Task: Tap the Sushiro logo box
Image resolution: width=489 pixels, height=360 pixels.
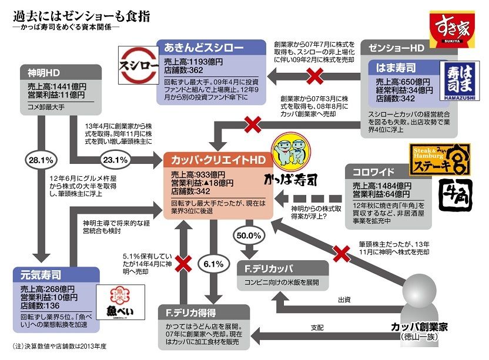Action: point(137,61)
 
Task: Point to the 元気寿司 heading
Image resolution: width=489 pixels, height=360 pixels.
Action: point(39,274)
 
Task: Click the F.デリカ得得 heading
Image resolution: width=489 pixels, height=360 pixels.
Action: point(192,312)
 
